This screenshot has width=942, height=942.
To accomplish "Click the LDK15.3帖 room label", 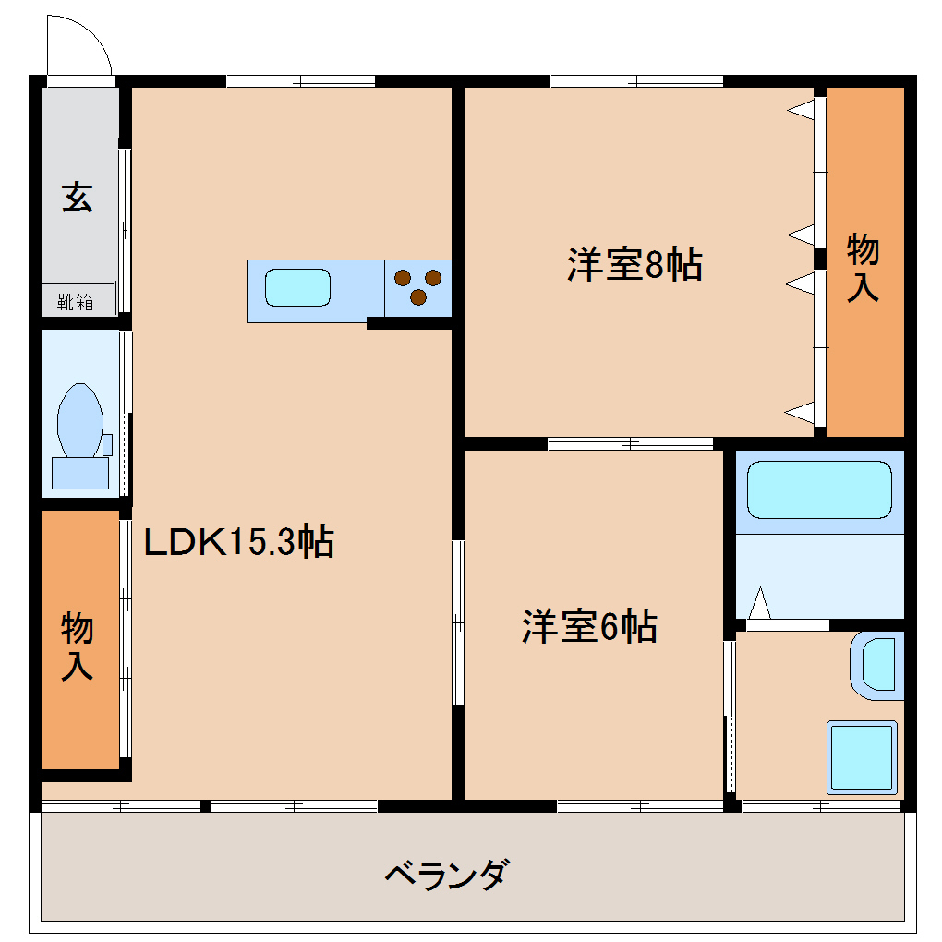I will [x=238, y=542].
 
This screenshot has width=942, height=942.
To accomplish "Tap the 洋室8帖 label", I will [x=634, y=265].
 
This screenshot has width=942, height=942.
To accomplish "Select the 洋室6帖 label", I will [x=589, y=627].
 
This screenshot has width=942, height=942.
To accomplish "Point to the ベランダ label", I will [x=446, y=873].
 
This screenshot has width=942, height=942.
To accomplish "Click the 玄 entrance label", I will [x=78, y=198].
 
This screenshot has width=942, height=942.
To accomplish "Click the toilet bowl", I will [x=79, y=420].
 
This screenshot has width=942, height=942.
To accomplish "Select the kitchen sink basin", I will [x=297, y=287].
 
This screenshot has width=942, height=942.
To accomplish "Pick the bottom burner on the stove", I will [x=417, y=297].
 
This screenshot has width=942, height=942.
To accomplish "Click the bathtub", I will [x=818, y=489].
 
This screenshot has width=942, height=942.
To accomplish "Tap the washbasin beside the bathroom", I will [x=877, y=663].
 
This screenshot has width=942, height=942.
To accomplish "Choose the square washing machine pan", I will [x=862, y=756].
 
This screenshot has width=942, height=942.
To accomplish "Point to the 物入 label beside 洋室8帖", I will [x=863, y=268].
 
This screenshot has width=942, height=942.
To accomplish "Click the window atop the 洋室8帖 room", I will [x=636, y=81].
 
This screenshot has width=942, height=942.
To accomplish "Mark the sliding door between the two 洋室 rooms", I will [x=630, y=443].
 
